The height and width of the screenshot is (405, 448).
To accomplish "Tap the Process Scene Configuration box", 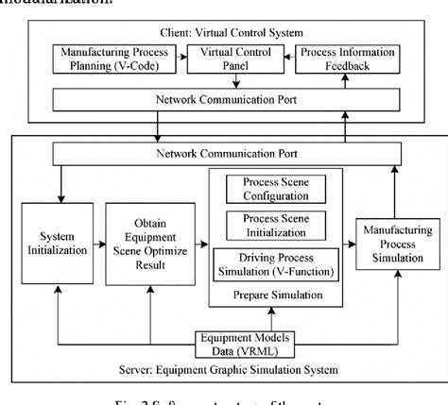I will click(x=280, y=189).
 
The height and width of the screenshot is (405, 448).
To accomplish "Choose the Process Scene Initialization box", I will click(x=280, y=225).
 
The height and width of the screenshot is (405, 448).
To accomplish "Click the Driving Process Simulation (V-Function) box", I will click(x=280, y=261).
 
